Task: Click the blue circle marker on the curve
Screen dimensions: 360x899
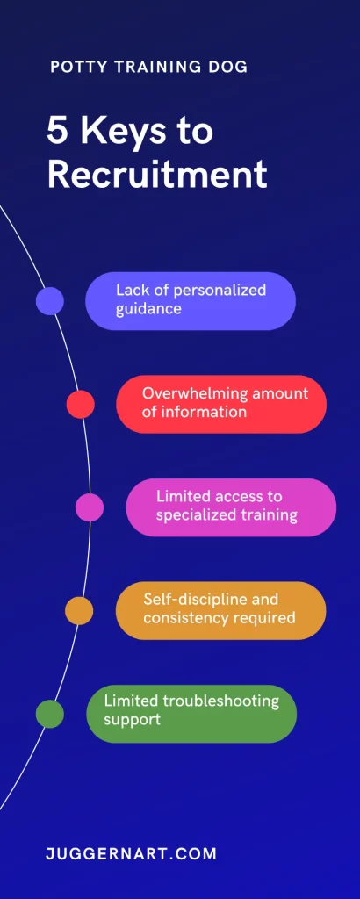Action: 50,301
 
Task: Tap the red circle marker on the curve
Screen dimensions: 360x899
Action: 80,404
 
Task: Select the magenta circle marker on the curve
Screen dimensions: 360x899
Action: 90,507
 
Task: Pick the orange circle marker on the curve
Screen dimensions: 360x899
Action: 79,611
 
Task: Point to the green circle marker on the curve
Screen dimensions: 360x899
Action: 50,714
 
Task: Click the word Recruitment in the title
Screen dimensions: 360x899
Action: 157,175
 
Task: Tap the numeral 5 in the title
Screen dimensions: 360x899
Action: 58,131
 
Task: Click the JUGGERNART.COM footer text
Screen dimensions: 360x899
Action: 132,853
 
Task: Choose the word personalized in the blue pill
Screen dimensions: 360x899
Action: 220,291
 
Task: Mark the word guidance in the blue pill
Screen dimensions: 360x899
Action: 148,310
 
